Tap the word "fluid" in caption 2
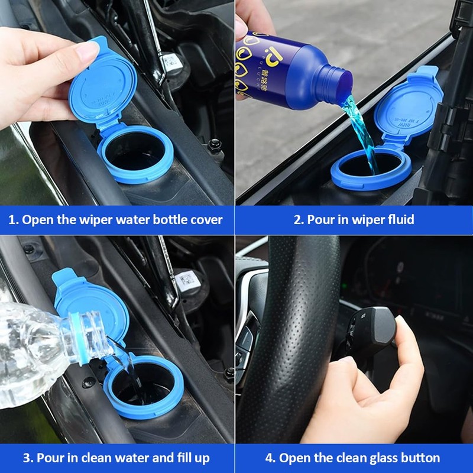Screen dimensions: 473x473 click(x=400, y=220)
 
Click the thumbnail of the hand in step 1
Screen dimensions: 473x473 click(x=87, y=51)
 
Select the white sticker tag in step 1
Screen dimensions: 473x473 click(x=171, y=61)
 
